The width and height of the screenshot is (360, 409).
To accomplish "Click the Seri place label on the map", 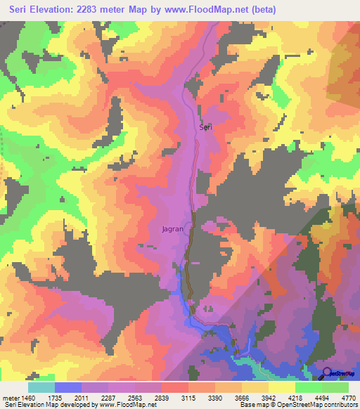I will tap(205, 127).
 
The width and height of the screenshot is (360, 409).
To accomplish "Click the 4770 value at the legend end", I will tap(347, 396).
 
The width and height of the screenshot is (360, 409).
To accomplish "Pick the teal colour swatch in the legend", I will tap(41, 387).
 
